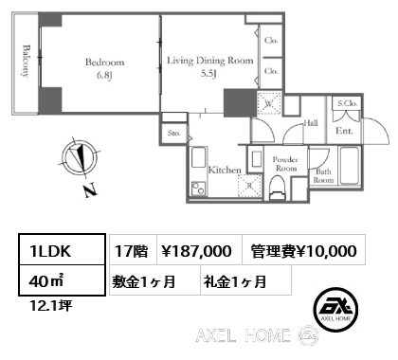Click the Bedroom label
(105, 62)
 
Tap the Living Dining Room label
(210, 61)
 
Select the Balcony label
(27, 61)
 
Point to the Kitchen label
(225, 170)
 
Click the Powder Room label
(285, 164)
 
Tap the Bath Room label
(323, 176)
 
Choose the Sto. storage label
(174, 133)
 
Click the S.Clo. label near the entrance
(347, 103)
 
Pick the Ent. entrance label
(344, 131)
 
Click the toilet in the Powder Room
(278, 188)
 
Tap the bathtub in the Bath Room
(350, 166)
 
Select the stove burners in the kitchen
(198, 189)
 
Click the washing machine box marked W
(269, 103)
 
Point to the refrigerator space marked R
(249, 186)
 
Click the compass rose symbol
(79, 158)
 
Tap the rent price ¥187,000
(197, 251)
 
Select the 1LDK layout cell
(62, 249)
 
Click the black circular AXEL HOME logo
(335, 309)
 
